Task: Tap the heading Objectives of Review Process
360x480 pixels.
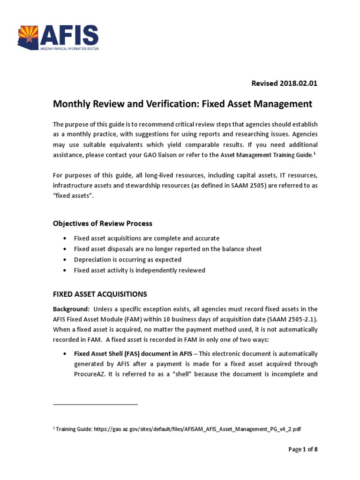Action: click(102, 223)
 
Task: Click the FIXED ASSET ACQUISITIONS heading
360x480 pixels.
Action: click(100, 294)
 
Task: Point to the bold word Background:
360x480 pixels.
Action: click(71, 309)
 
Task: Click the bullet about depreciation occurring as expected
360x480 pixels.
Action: click(127, 260)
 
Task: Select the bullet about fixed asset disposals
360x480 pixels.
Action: click(167, 249)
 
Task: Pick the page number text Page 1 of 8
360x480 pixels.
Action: click(303, 450)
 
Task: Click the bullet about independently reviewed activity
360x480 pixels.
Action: click(139, 270)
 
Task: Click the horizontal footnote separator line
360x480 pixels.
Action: click(95, 404)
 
